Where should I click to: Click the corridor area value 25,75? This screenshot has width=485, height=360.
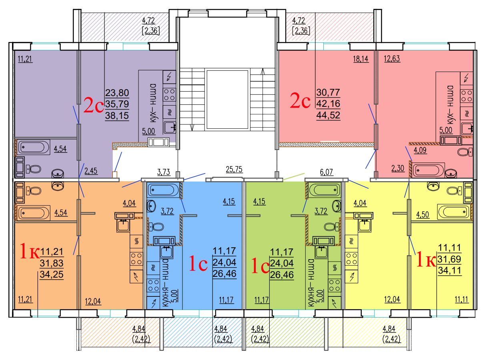click(234, 169)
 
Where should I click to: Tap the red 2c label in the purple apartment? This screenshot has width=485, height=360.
click(93, 105)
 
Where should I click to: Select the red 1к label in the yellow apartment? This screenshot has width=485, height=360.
click(426, 259)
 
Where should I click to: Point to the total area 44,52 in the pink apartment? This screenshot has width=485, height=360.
click(328, 115)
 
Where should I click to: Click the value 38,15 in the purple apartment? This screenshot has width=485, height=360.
click(117, 116)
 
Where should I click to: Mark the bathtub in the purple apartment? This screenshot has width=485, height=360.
click(34, 147)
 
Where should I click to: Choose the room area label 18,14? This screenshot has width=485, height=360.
click(361, 59)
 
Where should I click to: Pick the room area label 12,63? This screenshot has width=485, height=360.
click(392, 58)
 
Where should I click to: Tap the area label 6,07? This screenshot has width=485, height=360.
click(326, 172)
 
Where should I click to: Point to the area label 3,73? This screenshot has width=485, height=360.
click(164, 172)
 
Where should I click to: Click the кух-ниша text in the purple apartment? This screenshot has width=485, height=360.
click(153, 103)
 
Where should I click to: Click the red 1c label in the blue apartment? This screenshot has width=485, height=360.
click(198, 264)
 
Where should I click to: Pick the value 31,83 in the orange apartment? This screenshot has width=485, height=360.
click(52, 263)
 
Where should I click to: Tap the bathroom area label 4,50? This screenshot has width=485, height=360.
click(423, 215)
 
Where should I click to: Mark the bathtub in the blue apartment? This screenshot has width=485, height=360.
click(164, 190)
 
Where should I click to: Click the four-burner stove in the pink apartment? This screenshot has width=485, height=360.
click(467, 96)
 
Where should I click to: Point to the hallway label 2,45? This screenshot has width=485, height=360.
click(91, 171)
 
